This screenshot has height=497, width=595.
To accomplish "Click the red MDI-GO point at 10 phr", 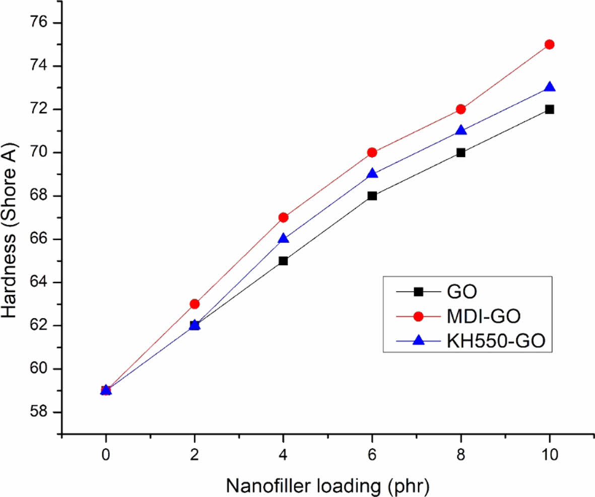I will coord(549,44).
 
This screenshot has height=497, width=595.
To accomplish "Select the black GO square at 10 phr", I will coord(549,109).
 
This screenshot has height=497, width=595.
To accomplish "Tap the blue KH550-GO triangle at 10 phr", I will coord(549,87).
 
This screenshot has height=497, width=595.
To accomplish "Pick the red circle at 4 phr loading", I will coord(283,218).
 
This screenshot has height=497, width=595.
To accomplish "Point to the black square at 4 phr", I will coord(283,261).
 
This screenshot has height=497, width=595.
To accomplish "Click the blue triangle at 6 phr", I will coord(372,174).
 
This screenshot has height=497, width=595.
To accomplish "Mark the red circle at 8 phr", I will coord(460,109).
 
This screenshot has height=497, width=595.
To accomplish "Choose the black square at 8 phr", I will coord(460,153).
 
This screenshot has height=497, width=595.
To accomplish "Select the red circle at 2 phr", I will coord(194,304).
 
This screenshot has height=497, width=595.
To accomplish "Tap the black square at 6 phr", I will coord(372,196).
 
